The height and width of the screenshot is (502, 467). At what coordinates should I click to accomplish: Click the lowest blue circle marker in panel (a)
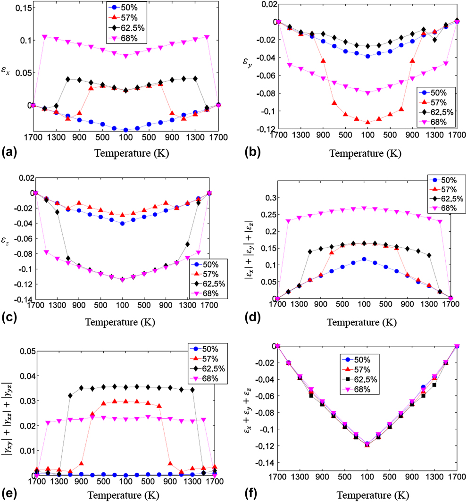(x=126, y=130)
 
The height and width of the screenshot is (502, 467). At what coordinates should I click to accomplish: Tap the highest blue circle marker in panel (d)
(x=364, y=259)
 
